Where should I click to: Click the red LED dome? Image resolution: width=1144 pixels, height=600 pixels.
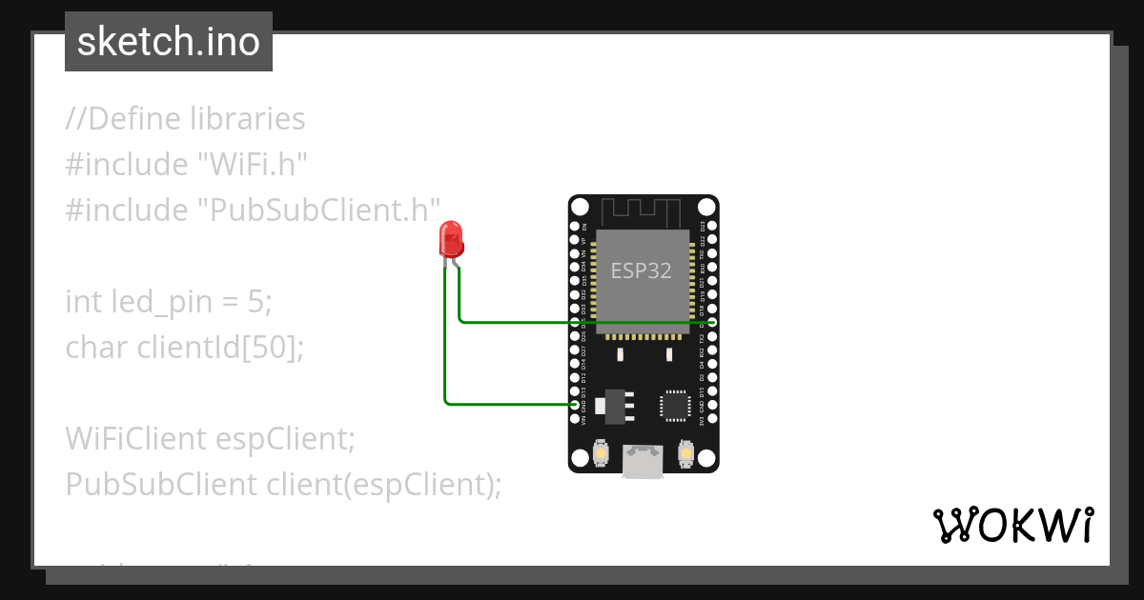click(451, 238)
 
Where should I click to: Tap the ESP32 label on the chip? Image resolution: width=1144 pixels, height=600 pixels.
click(642, 270)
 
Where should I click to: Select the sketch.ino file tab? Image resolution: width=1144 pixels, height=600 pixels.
click(169, 42)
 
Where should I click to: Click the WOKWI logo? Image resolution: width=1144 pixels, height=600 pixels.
click(1012, 525)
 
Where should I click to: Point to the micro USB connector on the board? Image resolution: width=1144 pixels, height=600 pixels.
click(643, 461)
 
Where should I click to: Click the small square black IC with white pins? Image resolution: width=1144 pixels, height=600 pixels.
click(676, 405)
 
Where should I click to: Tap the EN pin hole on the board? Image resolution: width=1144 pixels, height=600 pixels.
click(575, 228)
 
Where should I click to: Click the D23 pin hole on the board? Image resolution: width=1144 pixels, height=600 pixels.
click(712, 228)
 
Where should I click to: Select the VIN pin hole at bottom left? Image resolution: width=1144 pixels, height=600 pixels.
click(575, 419)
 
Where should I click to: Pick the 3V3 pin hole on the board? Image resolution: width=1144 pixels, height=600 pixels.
click(712, 419)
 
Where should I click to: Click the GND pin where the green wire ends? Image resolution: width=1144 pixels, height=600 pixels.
click(575, 405)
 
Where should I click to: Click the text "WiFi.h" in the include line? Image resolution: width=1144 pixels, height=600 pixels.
click(252, 165)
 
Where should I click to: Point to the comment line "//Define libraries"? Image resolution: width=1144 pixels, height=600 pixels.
click(186, 119)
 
